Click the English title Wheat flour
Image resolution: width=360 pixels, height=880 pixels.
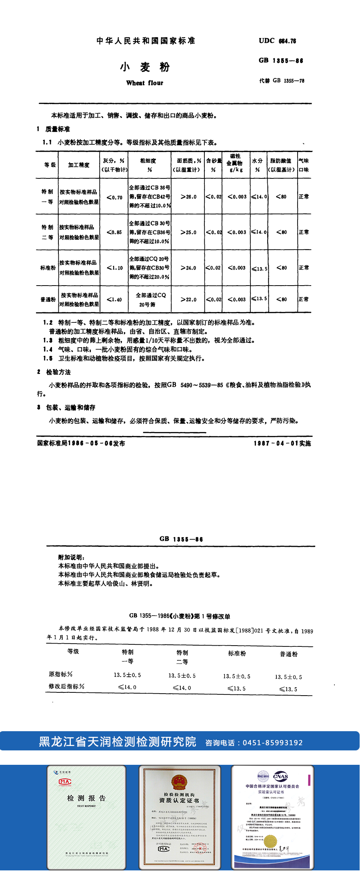click(144, 83)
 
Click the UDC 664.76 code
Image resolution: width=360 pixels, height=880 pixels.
click(277, 40)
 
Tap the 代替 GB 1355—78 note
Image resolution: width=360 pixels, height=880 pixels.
click(282, 80)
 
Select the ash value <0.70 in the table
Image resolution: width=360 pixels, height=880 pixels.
click(114, 197)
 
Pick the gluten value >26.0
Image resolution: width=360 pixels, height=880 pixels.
click(188, 197)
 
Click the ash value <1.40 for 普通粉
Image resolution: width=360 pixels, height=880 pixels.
click(114, 299)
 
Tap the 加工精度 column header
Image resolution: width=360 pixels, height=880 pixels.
click(78, 165)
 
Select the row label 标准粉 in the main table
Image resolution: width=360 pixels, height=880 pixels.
click(48, 268)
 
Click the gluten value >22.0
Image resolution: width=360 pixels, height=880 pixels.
click(188, 299)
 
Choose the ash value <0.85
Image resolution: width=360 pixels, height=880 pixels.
click(114, 232)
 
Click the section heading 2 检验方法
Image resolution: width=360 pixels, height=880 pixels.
click(54, 372)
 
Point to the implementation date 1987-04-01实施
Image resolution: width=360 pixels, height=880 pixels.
click(282, 443)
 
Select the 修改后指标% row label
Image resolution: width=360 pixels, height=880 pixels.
click(66, 686)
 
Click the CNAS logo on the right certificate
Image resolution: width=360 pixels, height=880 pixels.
click(280, 776)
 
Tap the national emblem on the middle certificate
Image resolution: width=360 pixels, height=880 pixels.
click(179, 782)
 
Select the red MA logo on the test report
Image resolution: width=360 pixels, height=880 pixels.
click(65, 782)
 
